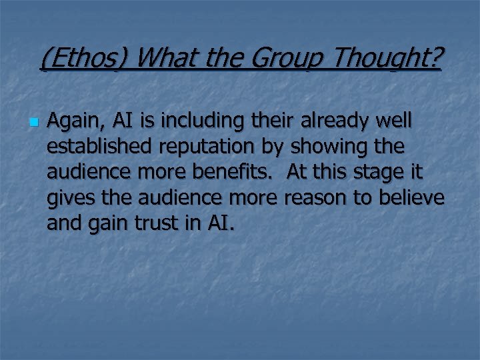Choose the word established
point(94,146)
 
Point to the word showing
point(323,146)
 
